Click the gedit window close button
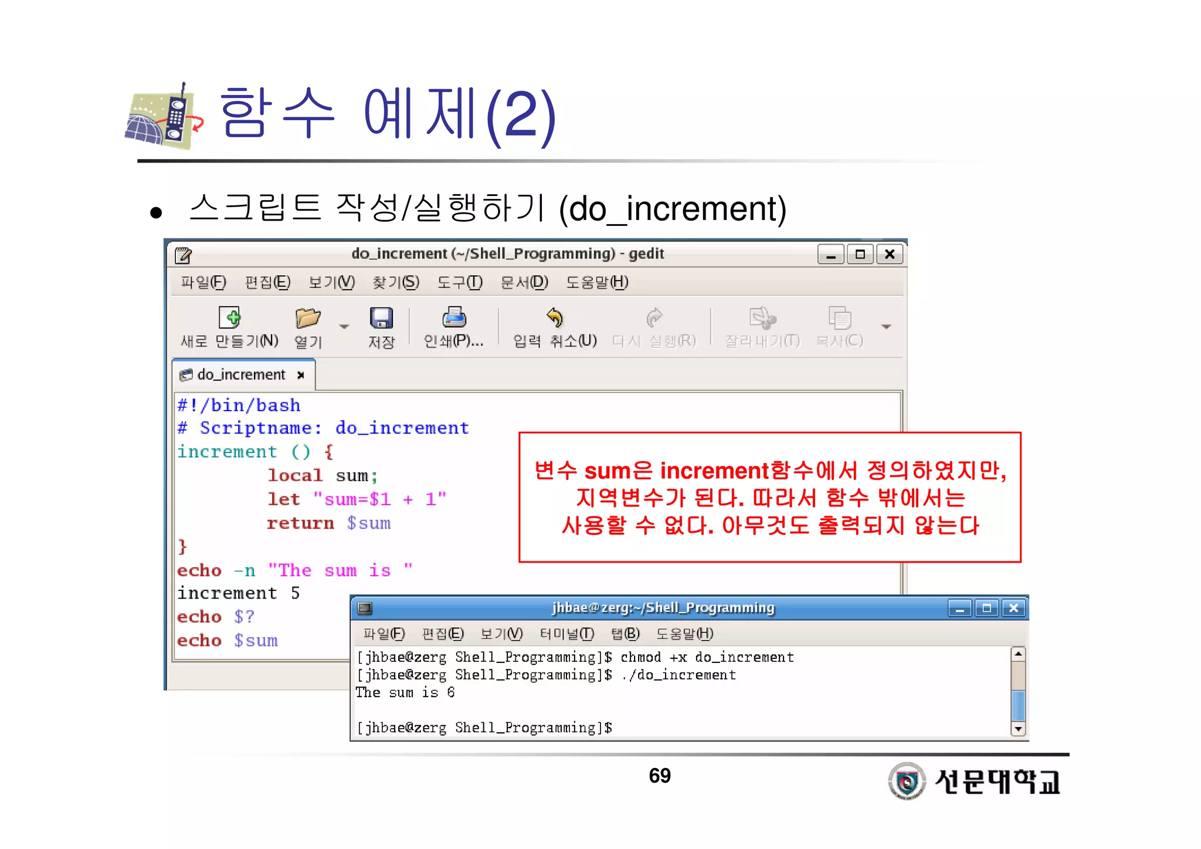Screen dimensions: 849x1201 tap(889, 254)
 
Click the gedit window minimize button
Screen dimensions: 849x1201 tap(830, 254)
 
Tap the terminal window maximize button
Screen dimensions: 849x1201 tap(986, 608)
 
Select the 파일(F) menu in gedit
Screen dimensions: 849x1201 tap(203, 283)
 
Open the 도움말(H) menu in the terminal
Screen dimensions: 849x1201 tap(684, 634)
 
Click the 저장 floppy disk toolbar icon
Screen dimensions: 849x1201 tap(381, 318)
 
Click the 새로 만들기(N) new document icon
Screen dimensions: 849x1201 tap(229, 318)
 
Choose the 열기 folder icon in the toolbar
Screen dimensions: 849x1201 tap(308, 318)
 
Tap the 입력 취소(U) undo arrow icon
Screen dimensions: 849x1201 tap(554, 318)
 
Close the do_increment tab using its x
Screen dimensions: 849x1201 tap(301, 375)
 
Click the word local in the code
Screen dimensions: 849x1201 tap(295, 475)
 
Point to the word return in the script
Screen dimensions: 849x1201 tap(300, 523)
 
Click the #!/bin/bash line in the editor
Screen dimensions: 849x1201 tap(239, 405)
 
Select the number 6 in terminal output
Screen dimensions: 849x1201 tap(450, 692)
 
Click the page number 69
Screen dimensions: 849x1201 tap(660, 776)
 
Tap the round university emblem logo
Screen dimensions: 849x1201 tap(907, 781)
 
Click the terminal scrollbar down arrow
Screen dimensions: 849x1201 tap(1019, 729)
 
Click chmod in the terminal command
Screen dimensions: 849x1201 tap(640, 657)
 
